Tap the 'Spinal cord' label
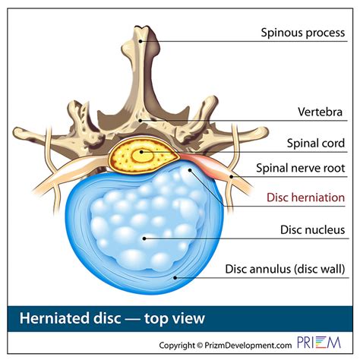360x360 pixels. pos(313,143)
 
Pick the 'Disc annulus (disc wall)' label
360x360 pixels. pos(286,269)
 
